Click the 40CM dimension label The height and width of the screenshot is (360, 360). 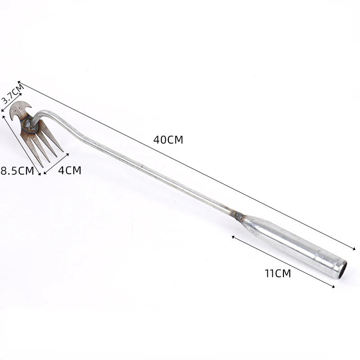pos(168,140)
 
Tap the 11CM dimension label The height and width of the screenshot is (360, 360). pos(278,274)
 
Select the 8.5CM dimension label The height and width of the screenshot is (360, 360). pos(18,171)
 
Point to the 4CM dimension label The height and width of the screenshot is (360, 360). pos(70,171)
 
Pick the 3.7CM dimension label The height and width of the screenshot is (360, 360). pos(13,94)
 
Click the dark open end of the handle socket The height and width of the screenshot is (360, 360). pos(342,270)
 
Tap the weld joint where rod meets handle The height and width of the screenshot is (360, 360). pos(239,216)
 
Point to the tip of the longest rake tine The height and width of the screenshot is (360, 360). pos(42,167)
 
